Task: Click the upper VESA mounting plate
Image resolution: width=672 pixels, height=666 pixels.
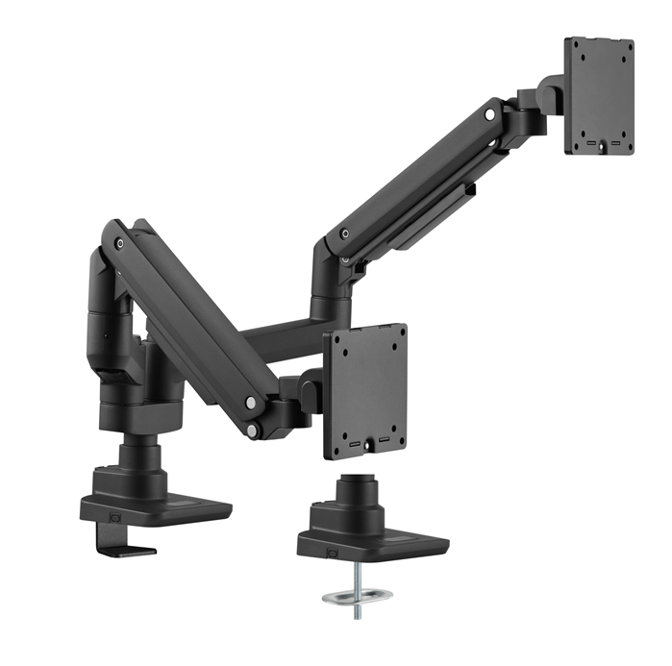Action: (x=598, y=95)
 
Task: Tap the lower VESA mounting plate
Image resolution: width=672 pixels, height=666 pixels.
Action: (x=366, y=390)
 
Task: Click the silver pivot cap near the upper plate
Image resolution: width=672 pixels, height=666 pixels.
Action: (x=490, y=114)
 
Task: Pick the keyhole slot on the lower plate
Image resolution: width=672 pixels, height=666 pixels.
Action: (x=368, y=443)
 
